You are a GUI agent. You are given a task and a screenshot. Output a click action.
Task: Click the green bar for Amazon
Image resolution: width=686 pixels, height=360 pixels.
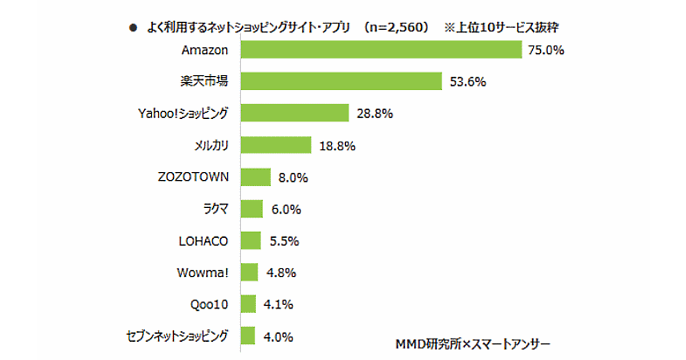click(381, 50)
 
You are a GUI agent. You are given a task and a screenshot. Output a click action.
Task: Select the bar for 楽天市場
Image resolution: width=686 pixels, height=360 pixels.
click(341, 82)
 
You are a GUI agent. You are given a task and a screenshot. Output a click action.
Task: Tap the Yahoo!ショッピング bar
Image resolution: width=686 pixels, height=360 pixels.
click(294, 113)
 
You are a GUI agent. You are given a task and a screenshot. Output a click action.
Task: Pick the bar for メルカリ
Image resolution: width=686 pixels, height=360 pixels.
click(276, 145)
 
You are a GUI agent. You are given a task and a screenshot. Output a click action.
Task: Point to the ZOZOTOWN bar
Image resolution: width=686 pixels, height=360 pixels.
click(256, 177)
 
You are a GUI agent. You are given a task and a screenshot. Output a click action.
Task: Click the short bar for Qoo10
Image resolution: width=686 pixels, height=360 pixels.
click(248, 304)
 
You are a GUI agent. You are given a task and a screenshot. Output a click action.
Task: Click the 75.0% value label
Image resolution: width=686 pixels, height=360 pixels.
click(546, 50)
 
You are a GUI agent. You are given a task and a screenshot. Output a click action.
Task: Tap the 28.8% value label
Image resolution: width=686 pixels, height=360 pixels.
click(374, 114)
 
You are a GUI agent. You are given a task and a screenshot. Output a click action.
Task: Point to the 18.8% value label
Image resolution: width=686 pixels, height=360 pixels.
click(337, 146)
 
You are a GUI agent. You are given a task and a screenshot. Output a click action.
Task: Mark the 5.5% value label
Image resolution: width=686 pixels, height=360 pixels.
click(284, 241)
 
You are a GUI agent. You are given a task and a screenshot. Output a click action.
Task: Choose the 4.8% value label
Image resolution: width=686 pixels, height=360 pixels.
click(281, 273)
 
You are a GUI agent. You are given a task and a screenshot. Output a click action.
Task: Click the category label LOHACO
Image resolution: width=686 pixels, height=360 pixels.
click(204, 241)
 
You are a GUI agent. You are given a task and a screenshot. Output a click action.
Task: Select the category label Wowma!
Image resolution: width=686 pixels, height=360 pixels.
click(202, 273)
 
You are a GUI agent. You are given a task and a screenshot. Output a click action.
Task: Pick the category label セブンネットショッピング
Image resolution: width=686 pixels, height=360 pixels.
click(177, 335)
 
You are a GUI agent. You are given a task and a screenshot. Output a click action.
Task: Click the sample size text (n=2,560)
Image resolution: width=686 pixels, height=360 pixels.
click(399, 28)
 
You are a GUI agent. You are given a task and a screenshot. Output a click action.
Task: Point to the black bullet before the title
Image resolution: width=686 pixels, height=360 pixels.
click(133, 28)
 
